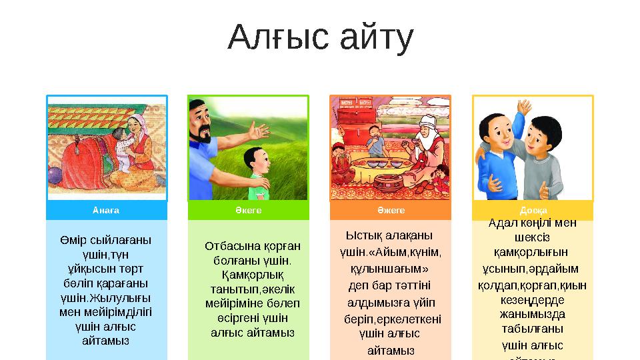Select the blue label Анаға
[107, 210]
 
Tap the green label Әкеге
[248, 210]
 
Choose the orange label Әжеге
[391, 210]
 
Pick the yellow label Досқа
[533, 210]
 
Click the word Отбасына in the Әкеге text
[229, 245]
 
